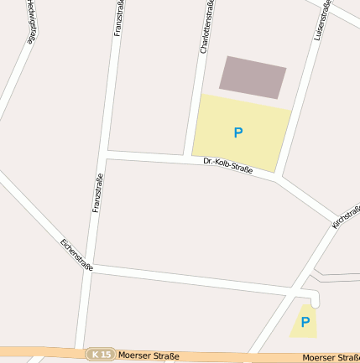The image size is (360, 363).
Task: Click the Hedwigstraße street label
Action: click(x=32, y=20)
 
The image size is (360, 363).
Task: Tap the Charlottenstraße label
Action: click(x=206, y=27)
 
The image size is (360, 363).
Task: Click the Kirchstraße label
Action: click(x=346, y=216)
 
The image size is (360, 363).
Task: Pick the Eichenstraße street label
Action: click(x=76, y=256)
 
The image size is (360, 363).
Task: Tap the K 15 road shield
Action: click(x=101, y=355)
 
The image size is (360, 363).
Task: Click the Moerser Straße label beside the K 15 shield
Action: click(x=149, y=355)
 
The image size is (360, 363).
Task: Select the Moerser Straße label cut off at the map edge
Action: click(x=331, y=358)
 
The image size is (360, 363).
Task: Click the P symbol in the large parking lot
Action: click(x=238, y=132)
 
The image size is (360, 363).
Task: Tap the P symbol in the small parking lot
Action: click(x=305, y=321)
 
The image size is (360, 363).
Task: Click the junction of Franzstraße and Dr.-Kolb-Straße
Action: click(x=105, y=154)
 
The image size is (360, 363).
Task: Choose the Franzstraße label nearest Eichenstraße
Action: click(x=97, y=192)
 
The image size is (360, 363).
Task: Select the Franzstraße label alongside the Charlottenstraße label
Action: click(x=118, y=18)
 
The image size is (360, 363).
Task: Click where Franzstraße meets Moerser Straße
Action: click(x=81, y=350)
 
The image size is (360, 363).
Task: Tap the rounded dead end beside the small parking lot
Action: click(x=315, y=298)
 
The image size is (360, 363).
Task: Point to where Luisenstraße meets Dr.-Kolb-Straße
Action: click(x=279, y=177)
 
